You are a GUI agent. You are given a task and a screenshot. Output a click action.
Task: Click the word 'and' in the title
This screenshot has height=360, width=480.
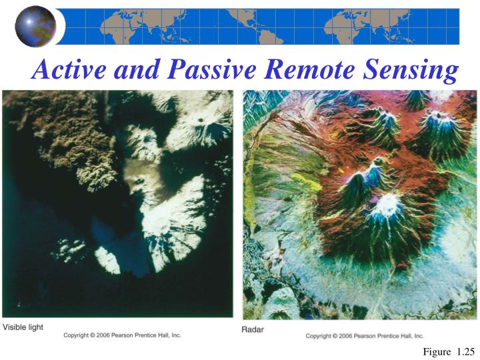(135, 69)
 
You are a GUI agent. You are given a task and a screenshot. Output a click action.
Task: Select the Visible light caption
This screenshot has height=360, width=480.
(23, 327)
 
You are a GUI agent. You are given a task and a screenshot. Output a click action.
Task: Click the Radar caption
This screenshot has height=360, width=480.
(253, 329)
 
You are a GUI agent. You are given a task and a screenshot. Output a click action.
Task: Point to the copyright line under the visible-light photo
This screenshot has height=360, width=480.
(122, 335)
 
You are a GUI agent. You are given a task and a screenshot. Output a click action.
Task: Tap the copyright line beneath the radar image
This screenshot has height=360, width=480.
(365, 336)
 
